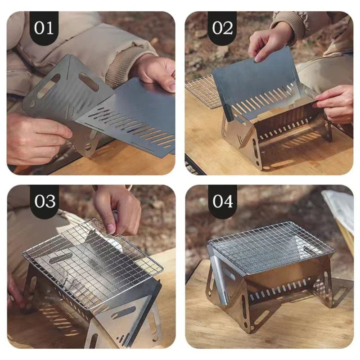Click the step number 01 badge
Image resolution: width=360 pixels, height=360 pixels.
pos(44,27)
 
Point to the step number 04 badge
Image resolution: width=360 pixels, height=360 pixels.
pos(222,201)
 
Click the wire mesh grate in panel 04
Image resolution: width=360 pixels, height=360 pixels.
pos(270,245)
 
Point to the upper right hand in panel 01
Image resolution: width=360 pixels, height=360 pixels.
pos(155,72)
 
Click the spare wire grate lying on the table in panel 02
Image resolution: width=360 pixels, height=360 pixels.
pos(202,90)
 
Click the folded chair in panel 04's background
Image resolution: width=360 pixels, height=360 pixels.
pos(340,216)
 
